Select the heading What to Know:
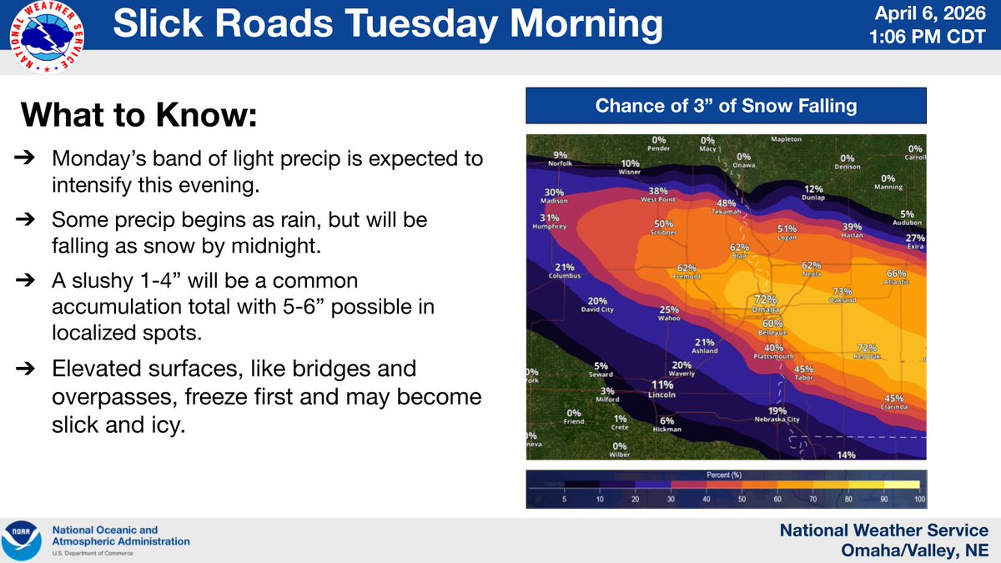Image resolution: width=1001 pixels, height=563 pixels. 138,115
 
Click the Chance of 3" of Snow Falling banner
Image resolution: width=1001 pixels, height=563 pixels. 726,106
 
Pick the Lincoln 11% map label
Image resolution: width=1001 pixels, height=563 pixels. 662,390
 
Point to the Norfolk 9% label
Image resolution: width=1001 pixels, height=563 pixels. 560,158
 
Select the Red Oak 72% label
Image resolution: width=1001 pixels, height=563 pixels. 868,351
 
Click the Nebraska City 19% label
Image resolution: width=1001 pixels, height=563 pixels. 777,415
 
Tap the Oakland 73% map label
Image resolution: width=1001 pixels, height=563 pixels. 842,295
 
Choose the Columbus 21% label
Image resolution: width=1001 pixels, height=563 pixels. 565,271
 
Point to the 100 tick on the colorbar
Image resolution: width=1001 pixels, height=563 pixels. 918,500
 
